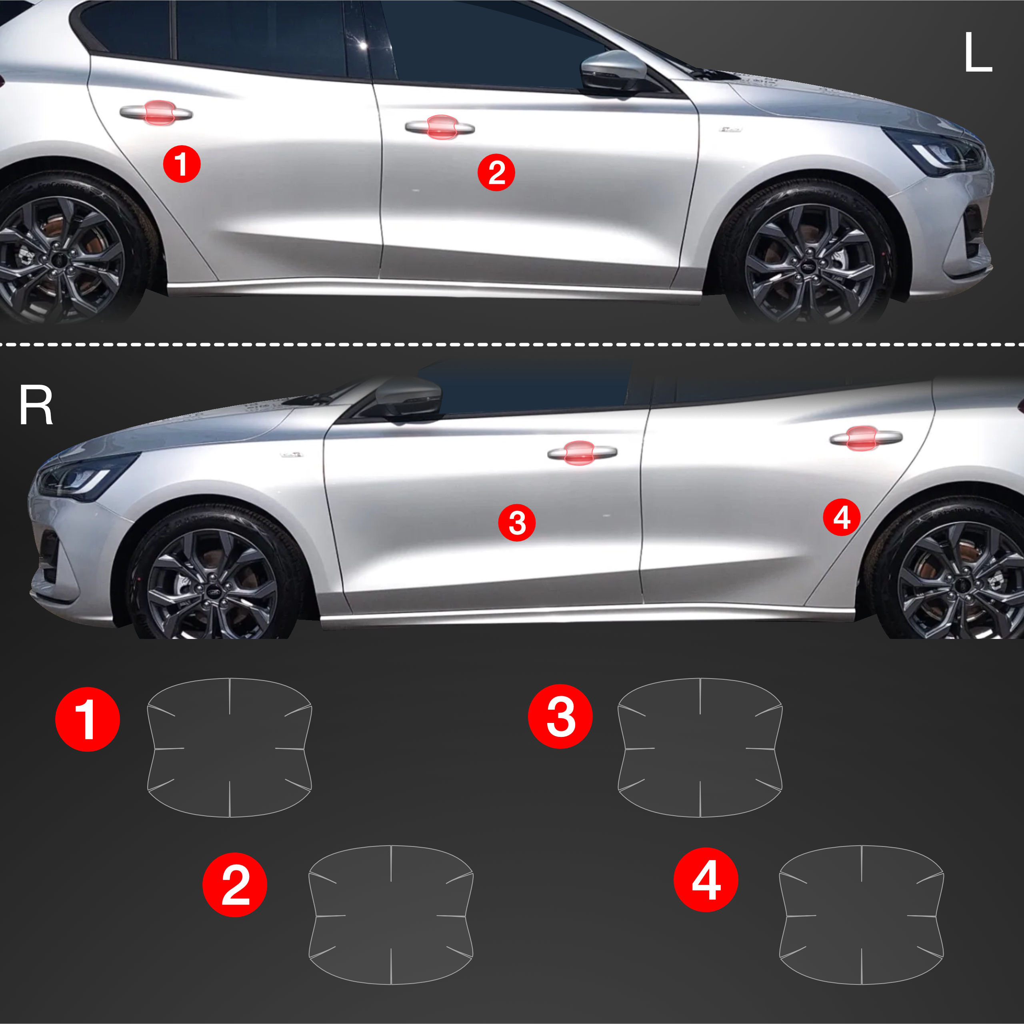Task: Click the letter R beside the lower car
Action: tap(36, 405)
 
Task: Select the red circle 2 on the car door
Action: tap(496, 173)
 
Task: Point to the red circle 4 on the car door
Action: tap(842, 517)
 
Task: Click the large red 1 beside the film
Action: tap(88, 719)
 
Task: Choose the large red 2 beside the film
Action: tap(235, 884)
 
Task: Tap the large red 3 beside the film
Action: tap(560, 716)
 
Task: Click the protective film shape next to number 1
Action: tap(230, 747)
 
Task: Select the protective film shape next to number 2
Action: tap(391, 914)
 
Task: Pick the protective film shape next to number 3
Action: tap(700, 747)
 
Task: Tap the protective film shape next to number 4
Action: tap(862, 914)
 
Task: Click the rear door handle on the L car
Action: tap(156, 112)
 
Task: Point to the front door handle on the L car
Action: tap(440, 127)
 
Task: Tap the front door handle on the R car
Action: tap(582, 452)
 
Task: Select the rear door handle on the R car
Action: tap(866, 437)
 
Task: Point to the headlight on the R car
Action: tap(88, 475)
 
